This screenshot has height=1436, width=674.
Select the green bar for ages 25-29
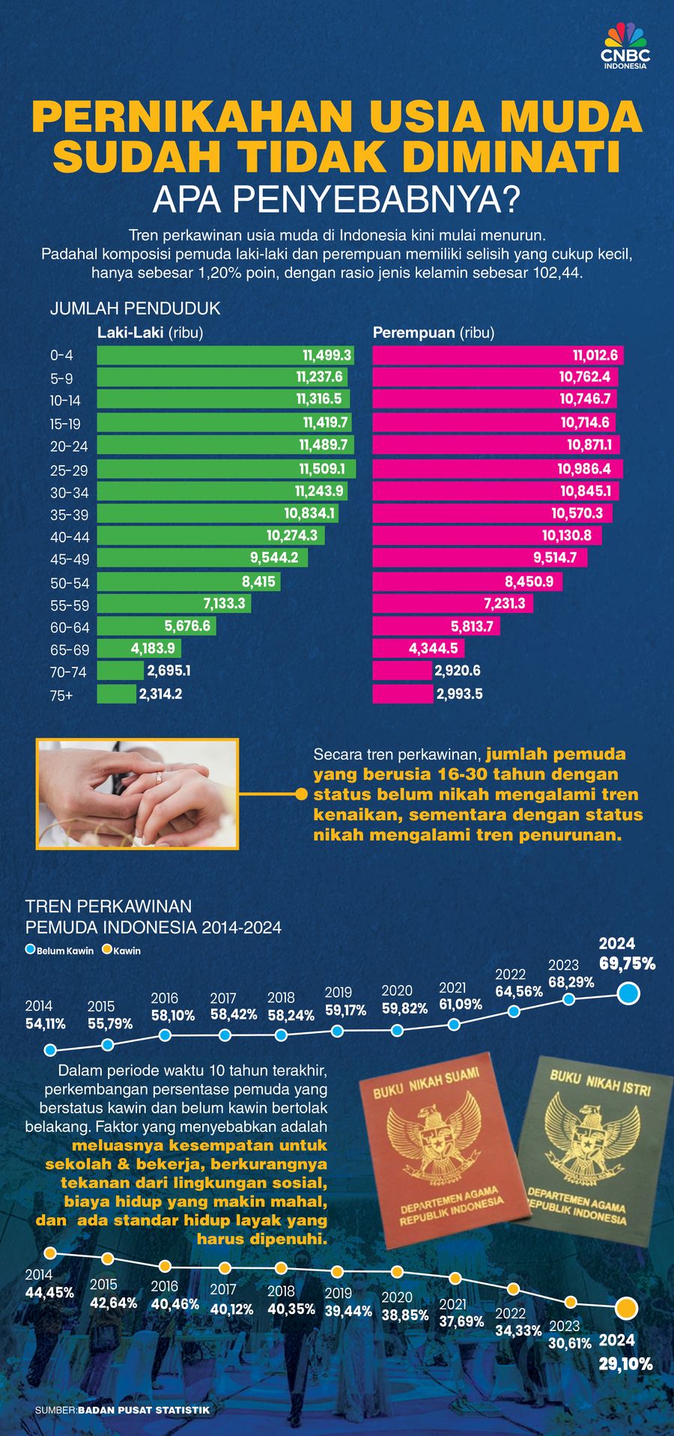click(x=225, y=469)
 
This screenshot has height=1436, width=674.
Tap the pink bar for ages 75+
click(x=403, y=694)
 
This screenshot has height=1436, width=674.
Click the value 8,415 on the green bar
click(x=258, y=582)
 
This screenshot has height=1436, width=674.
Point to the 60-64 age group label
click(x=70, y=628)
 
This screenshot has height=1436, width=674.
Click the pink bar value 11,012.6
click(x=595, y=355)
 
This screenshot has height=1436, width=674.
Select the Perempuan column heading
click(x=413, y=333)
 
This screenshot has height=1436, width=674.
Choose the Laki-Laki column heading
click(x=130, y=333)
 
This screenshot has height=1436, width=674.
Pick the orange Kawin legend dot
click(x=107, y=950)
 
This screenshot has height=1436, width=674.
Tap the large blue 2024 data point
click(x=628, y=994)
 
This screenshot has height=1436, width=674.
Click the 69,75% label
click(x=627, y=964)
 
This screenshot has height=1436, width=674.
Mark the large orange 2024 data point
click(x=627, y=1309)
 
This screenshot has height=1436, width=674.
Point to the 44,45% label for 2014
click(x=49, y=1292)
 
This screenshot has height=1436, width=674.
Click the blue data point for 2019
click(x=337, y=1031)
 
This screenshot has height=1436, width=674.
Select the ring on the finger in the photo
click(x=158, y=778)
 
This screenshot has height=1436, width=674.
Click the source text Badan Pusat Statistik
click(x=144, y=1410)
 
